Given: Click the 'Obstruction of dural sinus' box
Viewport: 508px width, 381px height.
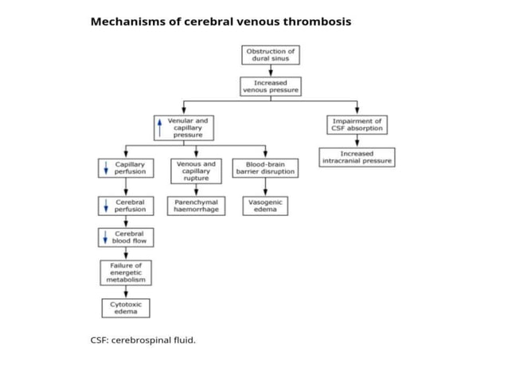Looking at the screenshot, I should [271, 55].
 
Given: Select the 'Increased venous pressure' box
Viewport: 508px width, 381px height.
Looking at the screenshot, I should [271, 86].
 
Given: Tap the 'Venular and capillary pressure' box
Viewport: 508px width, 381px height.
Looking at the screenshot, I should [184, 128].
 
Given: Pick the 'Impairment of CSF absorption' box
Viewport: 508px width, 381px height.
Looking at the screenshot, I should [357, 125].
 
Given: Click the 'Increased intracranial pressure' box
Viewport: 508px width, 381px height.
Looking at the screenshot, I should [357, 157].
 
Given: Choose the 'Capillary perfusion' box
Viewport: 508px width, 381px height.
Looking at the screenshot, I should [125, 168].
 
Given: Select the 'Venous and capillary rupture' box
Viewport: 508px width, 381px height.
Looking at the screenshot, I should [196, 171].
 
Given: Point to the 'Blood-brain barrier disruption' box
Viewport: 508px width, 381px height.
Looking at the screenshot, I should [265, 168].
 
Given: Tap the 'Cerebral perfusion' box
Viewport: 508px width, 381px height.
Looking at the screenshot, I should [125, 206].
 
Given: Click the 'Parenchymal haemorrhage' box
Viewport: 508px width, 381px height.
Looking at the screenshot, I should [196, 206].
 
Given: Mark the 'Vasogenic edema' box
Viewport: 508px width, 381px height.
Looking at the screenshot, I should [265, 206].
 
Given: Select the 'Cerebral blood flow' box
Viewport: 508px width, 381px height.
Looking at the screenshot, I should [125, 237].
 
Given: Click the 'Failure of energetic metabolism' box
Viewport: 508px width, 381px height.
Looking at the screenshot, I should [126, 273].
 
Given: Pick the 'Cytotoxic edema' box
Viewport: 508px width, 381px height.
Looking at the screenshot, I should [126, 308].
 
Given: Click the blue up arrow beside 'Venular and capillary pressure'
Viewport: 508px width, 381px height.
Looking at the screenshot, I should [160, 128].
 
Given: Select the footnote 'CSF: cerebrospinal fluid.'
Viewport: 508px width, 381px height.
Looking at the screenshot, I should [143, 340].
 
